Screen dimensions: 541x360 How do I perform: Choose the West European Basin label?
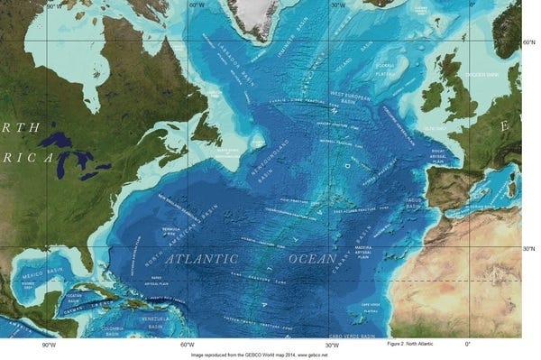click(355, 95)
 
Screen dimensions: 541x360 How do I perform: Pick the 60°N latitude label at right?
click(530, 42)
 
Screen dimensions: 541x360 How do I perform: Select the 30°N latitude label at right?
click(530, 248)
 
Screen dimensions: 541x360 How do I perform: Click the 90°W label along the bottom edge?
click(49, 345)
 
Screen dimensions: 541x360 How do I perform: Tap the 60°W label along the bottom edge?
click(188, 345)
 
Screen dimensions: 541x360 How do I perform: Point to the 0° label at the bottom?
click(468, 345)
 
